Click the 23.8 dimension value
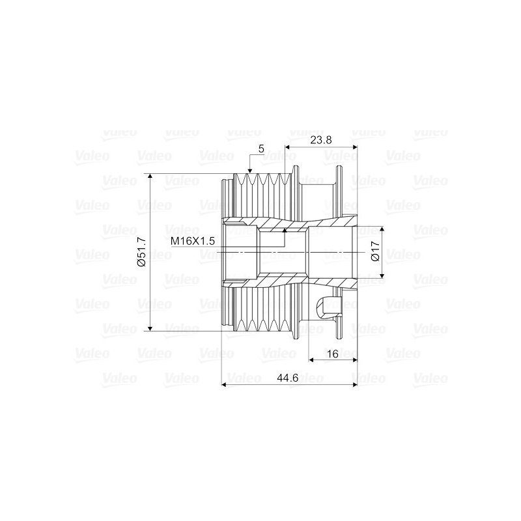click(x=320, y=140)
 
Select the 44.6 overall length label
click(x=288, y=378)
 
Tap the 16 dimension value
click(x=333, y=354)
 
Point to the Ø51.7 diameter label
click(x=142, y=252)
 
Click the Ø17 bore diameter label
click(x=375, y=251)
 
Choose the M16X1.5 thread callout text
click(x=192, y=241)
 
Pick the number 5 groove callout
click(x=261, y=149)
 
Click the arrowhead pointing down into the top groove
click(x=250, y=171)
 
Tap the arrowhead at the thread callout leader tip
click(x=285, y=230)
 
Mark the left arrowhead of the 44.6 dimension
click(x=223, y=385)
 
